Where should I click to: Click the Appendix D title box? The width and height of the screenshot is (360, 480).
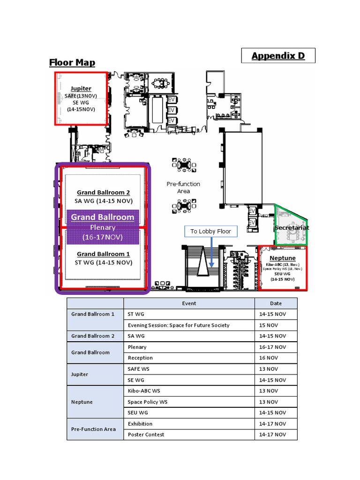(278, 56)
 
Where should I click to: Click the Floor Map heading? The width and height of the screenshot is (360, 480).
(72, 62)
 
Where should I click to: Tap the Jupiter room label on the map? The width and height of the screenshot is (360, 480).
(81, 89)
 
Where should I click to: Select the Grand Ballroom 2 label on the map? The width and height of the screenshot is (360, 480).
(103, 193)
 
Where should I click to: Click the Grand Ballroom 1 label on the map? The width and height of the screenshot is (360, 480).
(103, 254)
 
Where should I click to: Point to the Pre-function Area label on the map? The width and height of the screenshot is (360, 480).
(183, 187)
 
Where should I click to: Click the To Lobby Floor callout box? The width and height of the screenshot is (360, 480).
(210, 232)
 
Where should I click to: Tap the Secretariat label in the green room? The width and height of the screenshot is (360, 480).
(292, 228)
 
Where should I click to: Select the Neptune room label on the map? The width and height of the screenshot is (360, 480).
(283, 258)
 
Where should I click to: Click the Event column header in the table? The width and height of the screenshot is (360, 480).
(189, 303)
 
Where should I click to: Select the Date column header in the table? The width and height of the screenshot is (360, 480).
(276, 303)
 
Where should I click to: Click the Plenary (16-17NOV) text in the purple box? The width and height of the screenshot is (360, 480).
(103, 232)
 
